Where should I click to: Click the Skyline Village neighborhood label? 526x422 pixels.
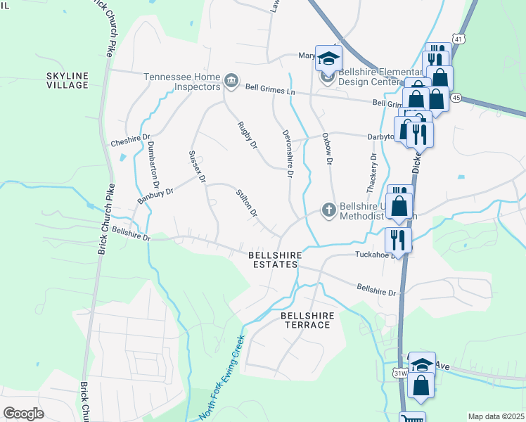tap(68, 80)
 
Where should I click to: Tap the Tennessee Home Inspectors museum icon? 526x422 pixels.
tap(231, 82)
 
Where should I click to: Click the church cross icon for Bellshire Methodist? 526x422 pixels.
tap(328, 210)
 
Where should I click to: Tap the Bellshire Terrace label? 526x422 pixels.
tap(307, 321)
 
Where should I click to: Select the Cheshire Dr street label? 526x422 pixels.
tap(130, 141)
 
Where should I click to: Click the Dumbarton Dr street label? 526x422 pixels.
tap(153, 157)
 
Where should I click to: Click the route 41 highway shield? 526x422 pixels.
tap(458, 39)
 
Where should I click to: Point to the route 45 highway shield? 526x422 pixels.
tap(456, 97)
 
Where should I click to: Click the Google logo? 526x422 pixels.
tap(23, 414)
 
